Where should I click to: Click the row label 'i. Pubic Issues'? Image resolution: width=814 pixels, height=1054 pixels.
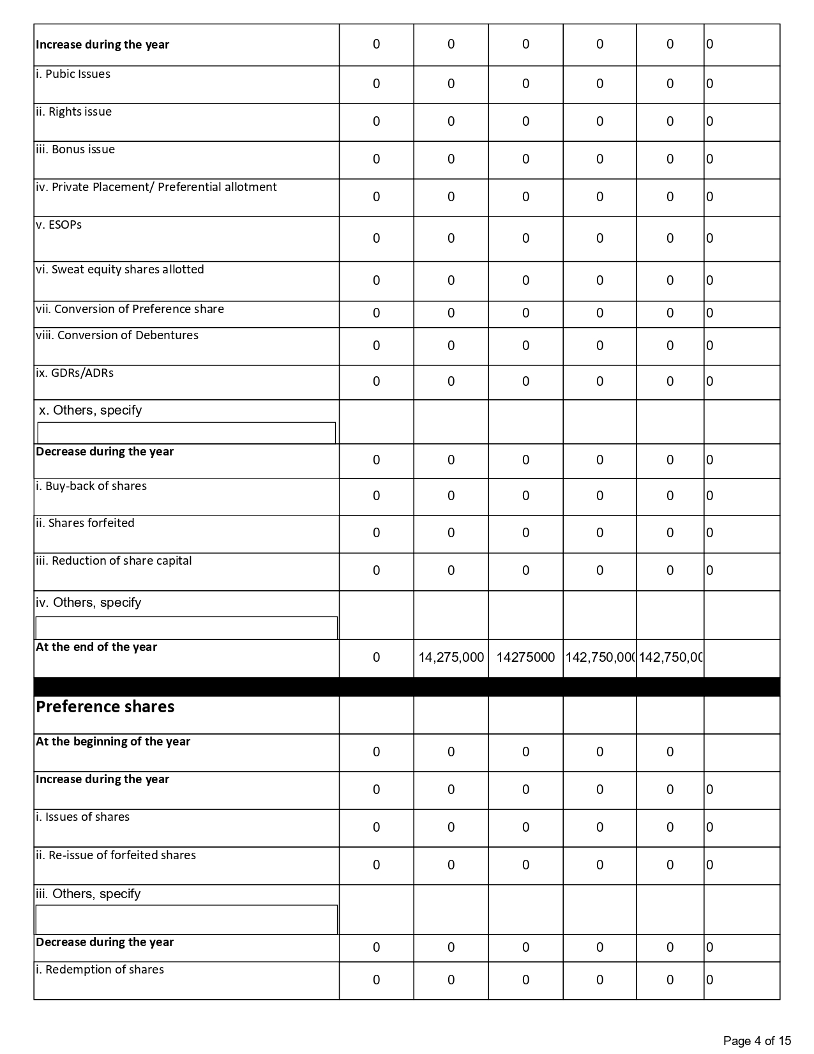click(x=73, y=74)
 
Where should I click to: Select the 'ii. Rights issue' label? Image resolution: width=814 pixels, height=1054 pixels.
click(x=73, y=112)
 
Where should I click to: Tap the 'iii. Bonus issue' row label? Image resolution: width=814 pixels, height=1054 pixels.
click(x=75, y=149)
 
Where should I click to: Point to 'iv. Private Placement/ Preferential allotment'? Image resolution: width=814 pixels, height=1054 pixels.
click(x=156, y=187)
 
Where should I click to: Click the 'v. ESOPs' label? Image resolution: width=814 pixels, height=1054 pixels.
click(x=59, y=225)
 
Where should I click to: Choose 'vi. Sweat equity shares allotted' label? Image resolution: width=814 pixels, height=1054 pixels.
click(x=120, y=270)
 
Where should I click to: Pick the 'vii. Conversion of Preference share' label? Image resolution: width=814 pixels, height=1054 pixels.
click(x=130, y=309)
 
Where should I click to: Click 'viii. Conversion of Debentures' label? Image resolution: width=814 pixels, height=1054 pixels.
click(x=117, y=335)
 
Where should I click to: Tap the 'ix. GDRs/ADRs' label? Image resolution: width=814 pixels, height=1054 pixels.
click(x=75, y=373)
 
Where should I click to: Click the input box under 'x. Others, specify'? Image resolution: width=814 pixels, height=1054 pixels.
click(x=186, y=432)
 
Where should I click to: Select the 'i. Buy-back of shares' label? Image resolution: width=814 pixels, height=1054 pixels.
click(x=91, y=486)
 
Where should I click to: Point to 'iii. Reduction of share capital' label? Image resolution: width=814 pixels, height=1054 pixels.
click(x=114, y=561)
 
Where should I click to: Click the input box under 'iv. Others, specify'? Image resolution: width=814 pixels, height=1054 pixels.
click(x=186, y=627)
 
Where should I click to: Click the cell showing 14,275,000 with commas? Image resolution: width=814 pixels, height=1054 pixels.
click(x=451, y=657)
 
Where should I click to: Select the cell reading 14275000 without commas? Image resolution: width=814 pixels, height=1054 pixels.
click(x=525, y=657)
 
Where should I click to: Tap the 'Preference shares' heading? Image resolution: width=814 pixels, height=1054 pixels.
click(x=105, y=707)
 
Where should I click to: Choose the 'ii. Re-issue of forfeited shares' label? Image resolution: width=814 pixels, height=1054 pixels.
click(x=116, y=855)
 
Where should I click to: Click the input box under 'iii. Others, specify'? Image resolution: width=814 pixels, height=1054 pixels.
click(x=186, y=919)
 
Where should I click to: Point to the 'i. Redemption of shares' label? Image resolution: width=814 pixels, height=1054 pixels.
click(x=100, y=970)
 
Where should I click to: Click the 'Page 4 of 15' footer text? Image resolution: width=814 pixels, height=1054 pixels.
click(x=757, y=1041)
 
